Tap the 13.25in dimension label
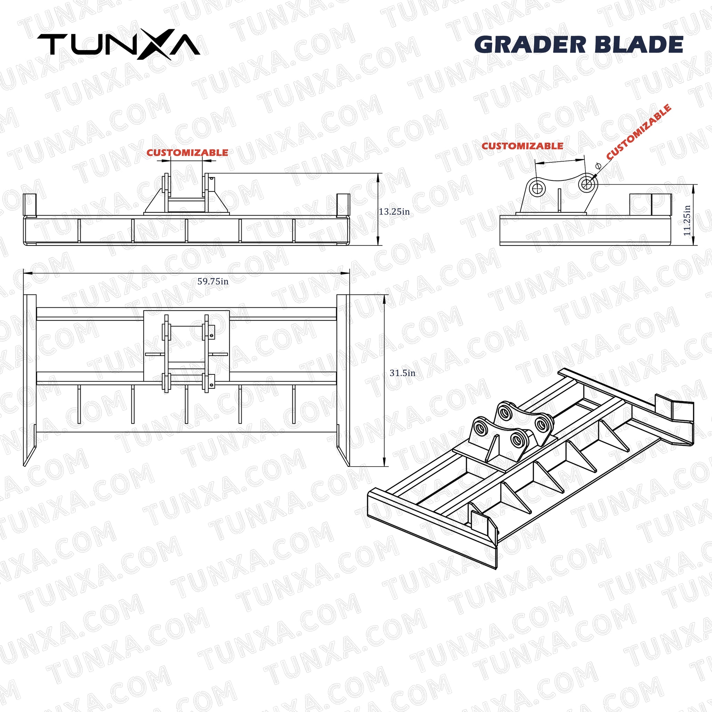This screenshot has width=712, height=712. (394, 211)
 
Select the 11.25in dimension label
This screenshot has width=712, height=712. (687, 220)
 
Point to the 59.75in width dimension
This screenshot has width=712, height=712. (213, 282)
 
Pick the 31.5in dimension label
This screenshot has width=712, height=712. (403, 373)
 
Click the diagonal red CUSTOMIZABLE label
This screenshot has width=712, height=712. (639, 132)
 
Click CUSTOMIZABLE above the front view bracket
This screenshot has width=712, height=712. (187, 153)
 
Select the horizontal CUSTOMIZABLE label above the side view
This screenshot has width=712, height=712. (522, 146)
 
